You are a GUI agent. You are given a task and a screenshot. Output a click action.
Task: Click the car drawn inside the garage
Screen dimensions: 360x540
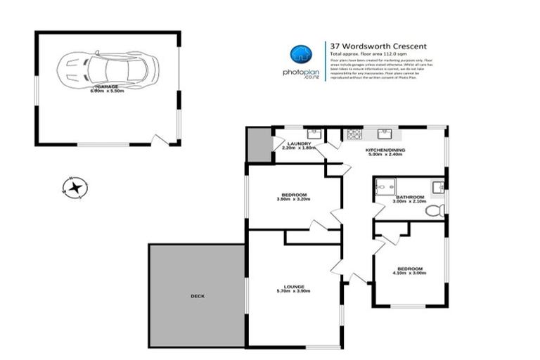pyautogui.click(x=110, y=68)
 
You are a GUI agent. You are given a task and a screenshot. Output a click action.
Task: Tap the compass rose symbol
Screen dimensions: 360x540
pyautogui.click(x=74, y=187)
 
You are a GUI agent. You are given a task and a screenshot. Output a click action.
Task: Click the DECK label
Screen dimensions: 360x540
pyautogui.click(x=198, y=296)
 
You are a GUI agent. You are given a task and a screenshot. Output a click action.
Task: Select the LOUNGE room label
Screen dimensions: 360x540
pyautogui.click(x=294, y=285)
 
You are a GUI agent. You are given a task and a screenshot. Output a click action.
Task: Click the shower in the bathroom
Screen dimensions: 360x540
pyautogui.click(x=386, y=186)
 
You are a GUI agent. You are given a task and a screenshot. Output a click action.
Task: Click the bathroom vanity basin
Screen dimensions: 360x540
pyautogui.click(x=437, y=186)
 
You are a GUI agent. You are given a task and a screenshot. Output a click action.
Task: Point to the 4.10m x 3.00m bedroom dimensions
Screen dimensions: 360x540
pyautogui.click(x=409, y=274)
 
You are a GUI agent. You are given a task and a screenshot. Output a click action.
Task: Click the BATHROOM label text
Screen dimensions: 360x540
pyautogui.click(x=409, y=197)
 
